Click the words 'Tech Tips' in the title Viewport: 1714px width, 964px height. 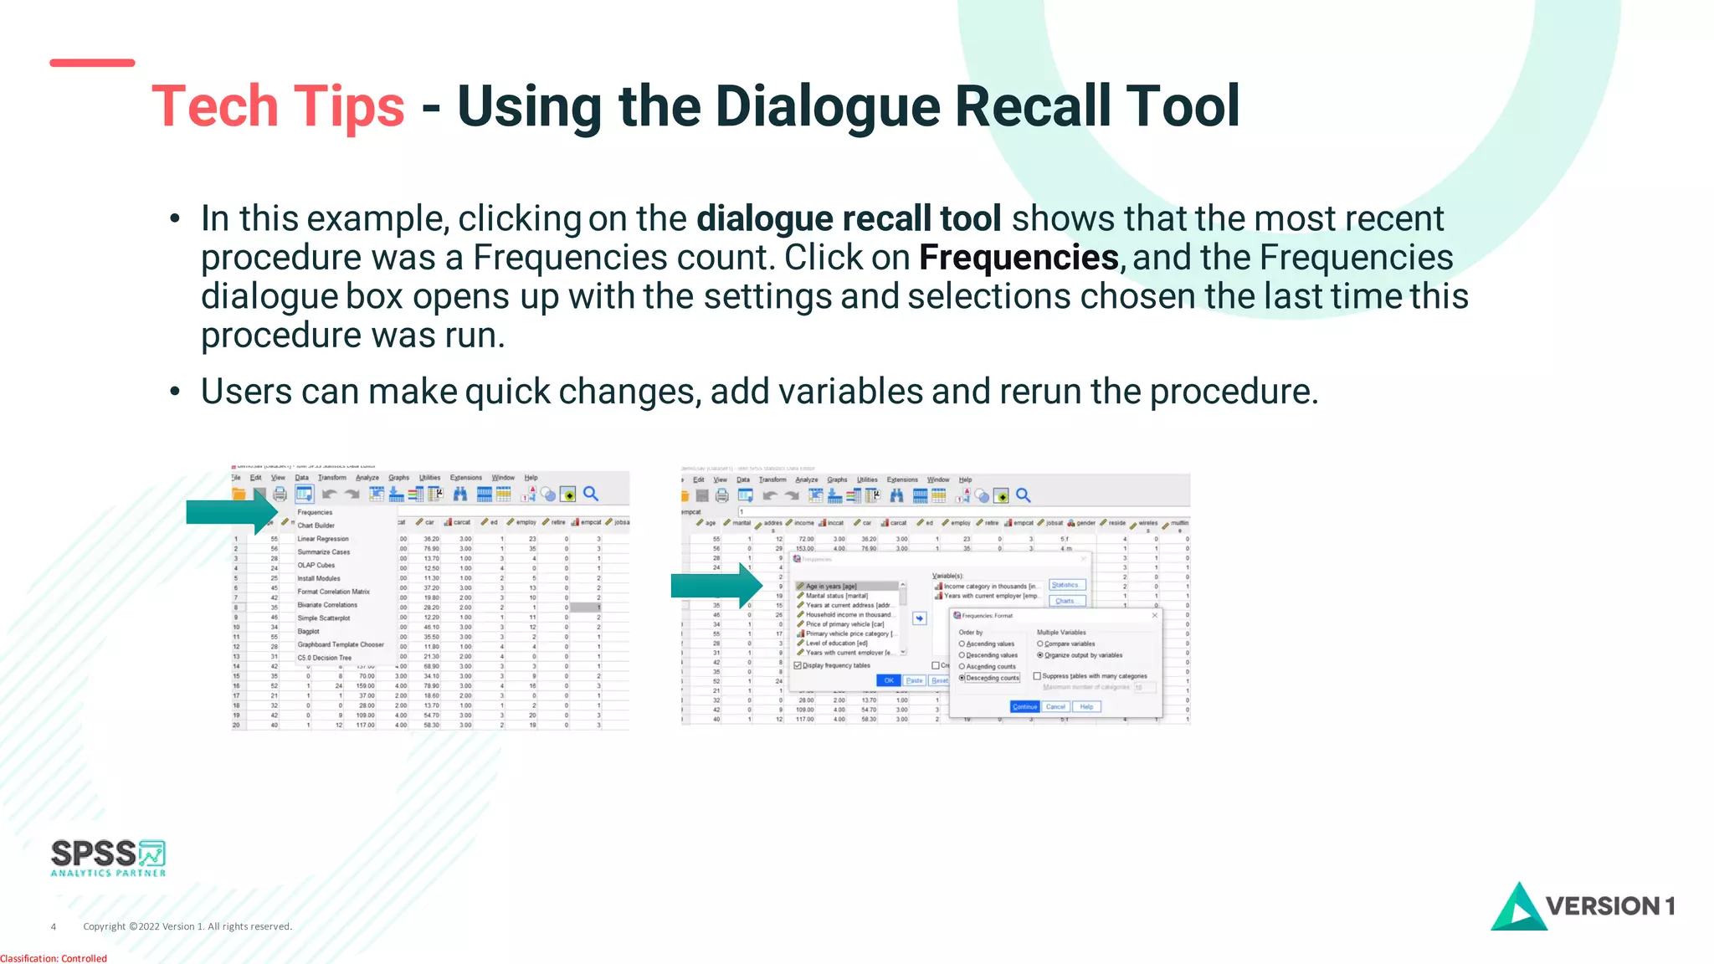pyautogui.click(x=278, y=107)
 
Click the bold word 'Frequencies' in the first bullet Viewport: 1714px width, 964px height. pyautogui.click(x=1019, y=258)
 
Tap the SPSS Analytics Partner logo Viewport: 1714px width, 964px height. pyautogui.click(x=108, y=858)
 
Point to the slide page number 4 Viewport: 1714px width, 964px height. pyautogui.click(x=54, y=926)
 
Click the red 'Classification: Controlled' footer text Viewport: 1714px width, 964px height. pyautogui.click(x=54, y=958)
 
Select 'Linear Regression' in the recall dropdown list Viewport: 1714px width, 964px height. pyautogui.click(x=323, y=539)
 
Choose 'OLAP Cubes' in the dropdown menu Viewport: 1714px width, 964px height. pyautogui.click(x=316, y=565)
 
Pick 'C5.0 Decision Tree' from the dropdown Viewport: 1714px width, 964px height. pyautogui.click(x=325, y=658)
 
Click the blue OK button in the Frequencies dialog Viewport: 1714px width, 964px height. pyautogui.click(x=889, y=680)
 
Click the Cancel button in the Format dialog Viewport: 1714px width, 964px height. pyautogui.click(x=1055, y=707)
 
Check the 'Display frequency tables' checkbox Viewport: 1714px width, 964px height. pyautogui.click(x=798, y=665)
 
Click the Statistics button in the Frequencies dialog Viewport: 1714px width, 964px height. pyautogui.click(x=1065, y=585)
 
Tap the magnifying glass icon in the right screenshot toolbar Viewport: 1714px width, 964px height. pyautogui.click(x=1024, y=495)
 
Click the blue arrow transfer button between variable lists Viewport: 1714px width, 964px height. pyautogui.click(x=920, y=618)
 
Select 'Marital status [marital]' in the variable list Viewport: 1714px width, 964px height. pyautogui.click(x=836, y=596)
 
